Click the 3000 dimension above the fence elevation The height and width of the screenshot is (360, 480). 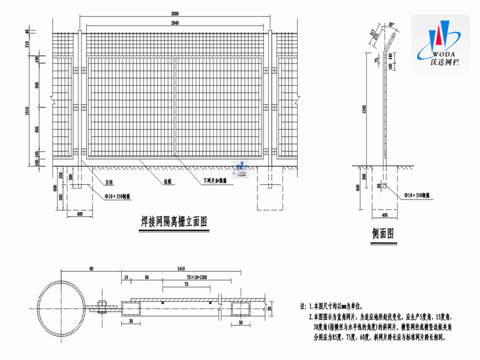(173, 14)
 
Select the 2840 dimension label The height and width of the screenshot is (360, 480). (174, 23)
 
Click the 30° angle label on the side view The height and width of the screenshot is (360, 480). (392, 25)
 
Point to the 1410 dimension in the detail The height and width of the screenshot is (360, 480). (180, 269)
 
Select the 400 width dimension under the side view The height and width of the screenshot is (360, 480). (385, 214)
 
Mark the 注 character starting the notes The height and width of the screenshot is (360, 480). (304, 306)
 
